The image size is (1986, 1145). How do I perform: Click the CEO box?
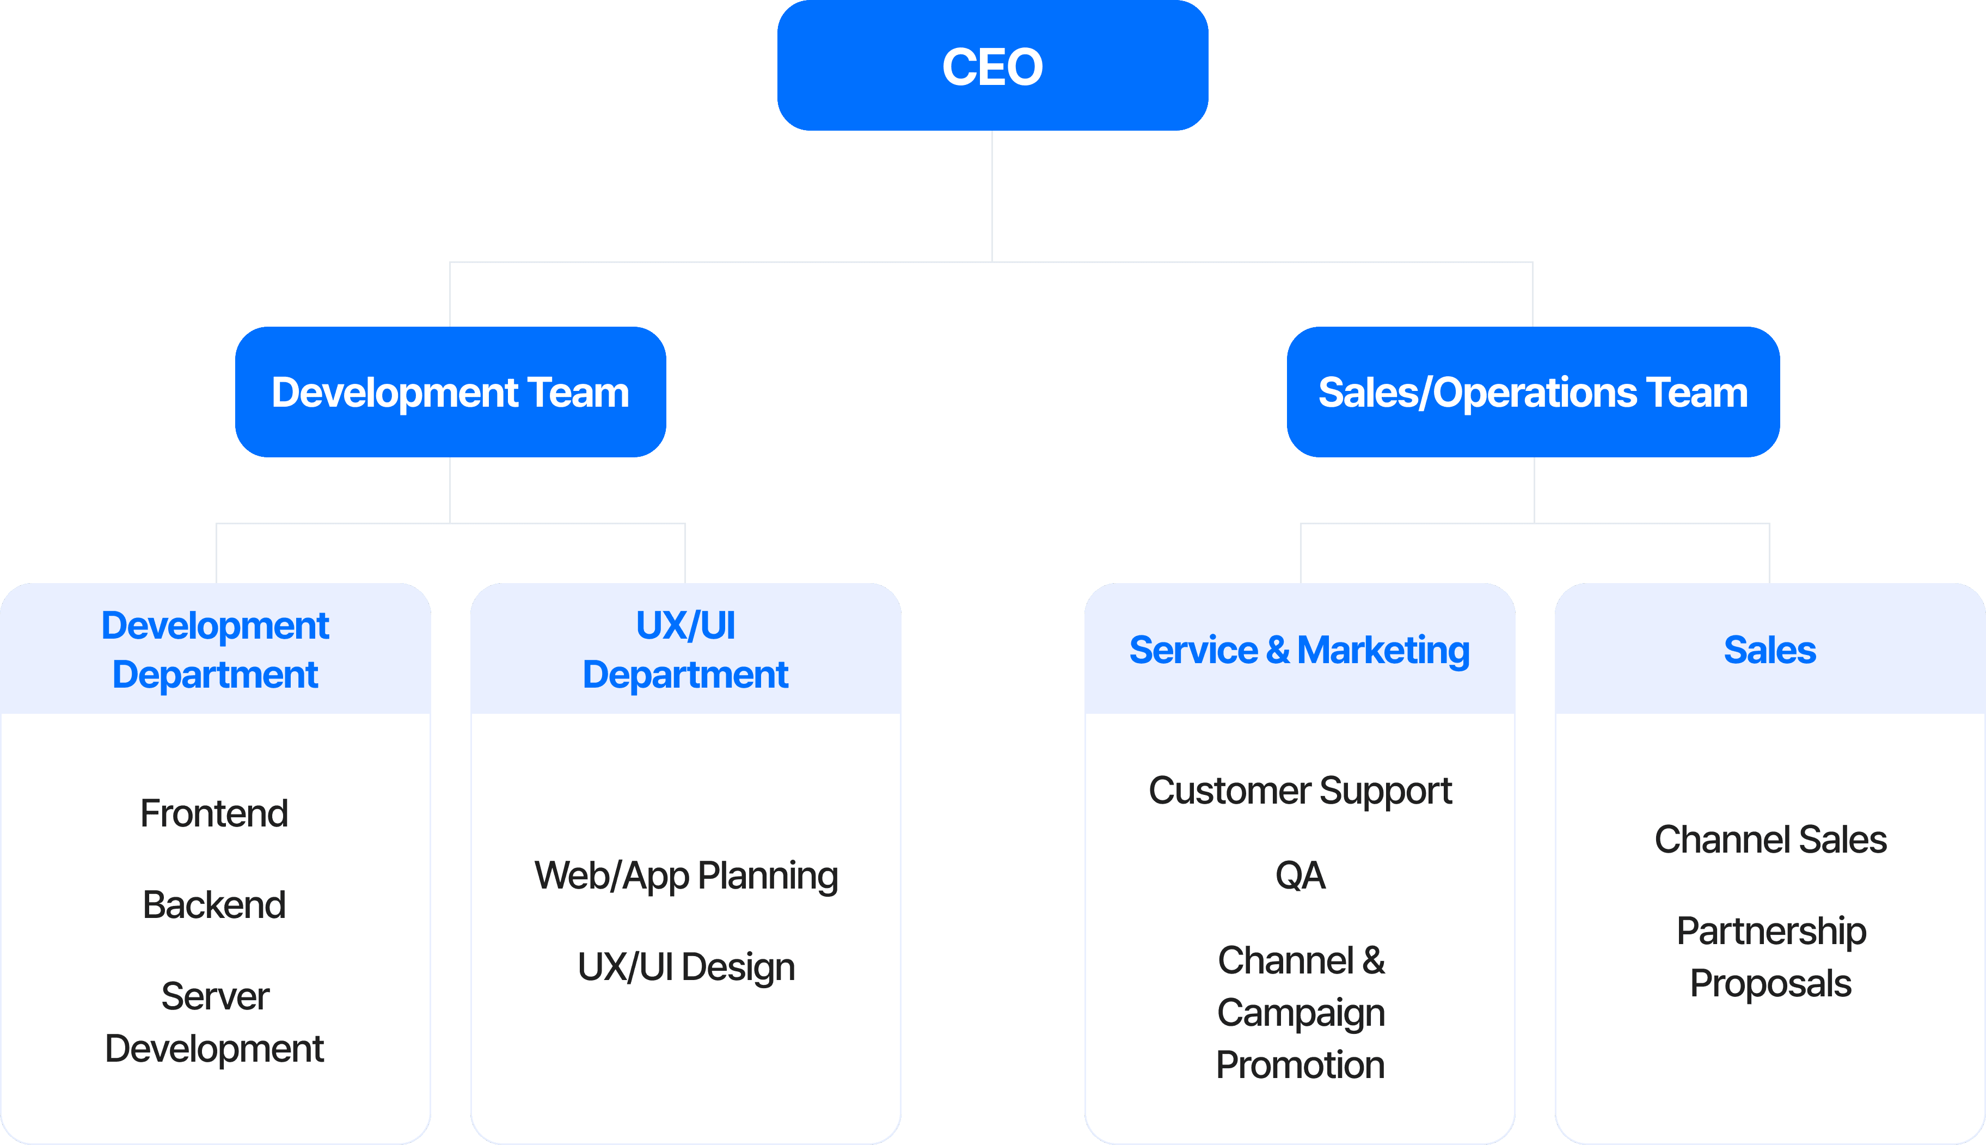point(992,66)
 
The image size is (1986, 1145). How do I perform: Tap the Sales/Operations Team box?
point(1533,393)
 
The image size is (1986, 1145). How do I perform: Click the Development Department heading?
point(216,650)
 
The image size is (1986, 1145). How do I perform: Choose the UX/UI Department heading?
point(685,650)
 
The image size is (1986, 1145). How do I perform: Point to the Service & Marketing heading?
point(1300,650)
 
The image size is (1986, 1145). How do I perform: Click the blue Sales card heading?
point(1770,650)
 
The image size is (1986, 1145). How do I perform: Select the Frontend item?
point(214,813)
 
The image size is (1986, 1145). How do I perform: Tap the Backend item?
point(214,904)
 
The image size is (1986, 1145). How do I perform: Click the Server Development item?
point(214,1022)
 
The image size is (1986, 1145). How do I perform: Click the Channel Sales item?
point(1770,839)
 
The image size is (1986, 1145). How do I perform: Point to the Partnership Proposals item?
point(1770,957)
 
